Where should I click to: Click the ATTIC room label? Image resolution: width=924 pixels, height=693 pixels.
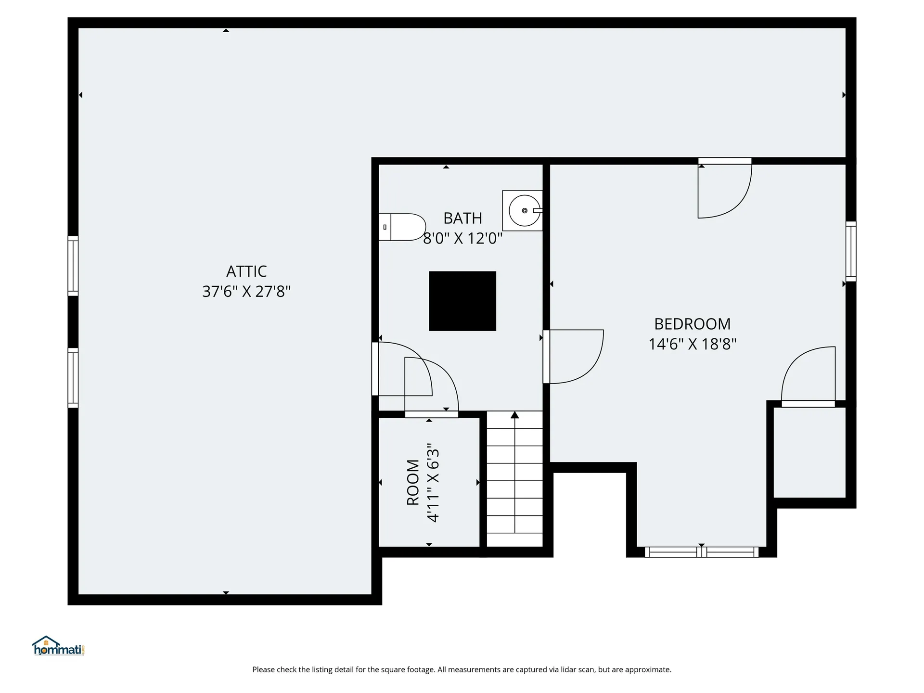pos(246,271)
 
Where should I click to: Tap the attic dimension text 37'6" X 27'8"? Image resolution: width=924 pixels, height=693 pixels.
pos(246,292)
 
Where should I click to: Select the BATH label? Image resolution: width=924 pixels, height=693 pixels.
pos(462,218)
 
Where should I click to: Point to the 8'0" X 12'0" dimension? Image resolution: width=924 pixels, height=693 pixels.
pos(462,238)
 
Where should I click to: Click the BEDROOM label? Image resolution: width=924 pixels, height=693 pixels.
pos(693,324)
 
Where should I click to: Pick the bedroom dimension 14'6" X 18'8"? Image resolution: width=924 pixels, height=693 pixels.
pos(693,344)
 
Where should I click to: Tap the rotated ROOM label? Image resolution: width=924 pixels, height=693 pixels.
pos(413,482)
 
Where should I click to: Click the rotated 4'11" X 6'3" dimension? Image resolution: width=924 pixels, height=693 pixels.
pos(433,483)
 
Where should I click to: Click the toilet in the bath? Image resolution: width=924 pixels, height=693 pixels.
pos(402,227)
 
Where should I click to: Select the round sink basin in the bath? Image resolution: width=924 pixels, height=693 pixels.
pos(525,211)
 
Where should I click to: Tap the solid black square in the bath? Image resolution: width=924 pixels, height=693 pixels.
pos(462,301)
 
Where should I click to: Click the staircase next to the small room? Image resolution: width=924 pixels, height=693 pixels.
pos(515,478)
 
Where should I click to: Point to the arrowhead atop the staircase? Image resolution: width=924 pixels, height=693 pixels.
pos(515,415)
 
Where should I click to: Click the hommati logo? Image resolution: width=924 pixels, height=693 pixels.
pos(59,646)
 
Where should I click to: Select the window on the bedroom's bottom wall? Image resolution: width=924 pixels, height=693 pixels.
pos(702,552)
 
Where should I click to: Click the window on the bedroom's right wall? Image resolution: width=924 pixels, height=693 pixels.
pos(851,251)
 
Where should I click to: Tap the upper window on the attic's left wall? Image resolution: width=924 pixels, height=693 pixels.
pos(73,266)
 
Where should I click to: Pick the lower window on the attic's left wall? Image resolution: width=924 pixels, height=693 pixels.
pos(73,378)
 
